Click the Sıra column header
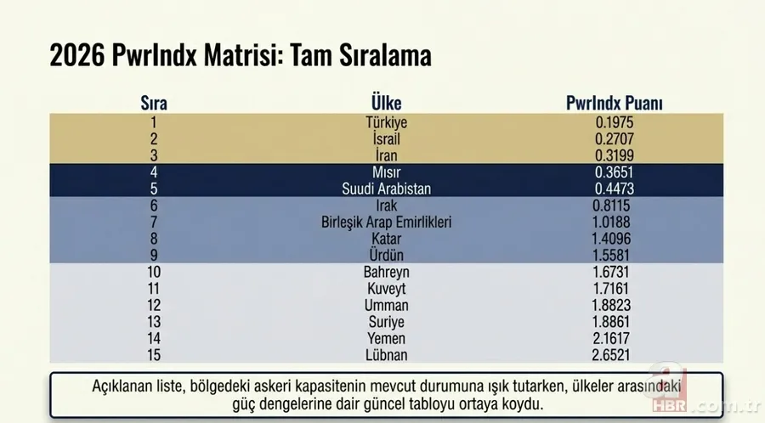[x=154, y=104]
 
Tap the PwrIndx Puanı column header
[x=615, y=104]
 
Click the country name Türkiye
[x=386, y=122]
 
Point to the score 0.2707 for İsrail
[x=615, y=138]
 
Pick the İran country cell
[x=386, y=155]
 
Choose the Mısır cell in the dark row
[x=386, y=172]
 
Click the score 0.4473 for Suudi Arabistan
[x=615, y=189]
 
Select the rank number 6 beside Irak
[x=154, y=206]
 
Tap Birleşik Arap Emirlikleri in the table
[x=386, y=222]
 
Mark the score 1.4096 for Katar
[x=615, y=239]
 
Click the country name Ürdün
[x=386, y=255]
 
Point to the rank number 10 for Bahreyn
[x=154, y=272]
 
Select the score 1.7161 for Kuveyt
[x=615, y=288]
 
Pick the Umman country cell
[x=386, y=305]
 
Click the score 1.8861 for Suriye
[x=615, y=321]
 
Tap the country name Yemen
[x=386, y=338]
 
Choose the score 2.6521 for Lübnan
[x=615, y=354]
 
